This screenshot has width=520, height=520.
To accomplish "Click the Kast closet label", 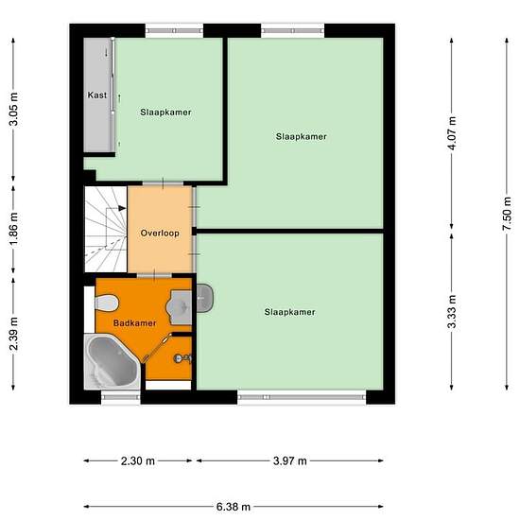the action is tap(97, 95).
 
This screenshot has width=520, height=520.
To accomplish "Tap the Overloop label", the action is tap(160, 234).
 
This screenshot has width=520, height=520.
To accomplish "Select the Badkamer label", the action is tap(134, 323).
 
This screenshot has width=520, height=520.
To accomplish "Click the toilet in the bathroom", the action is tap(107, 303).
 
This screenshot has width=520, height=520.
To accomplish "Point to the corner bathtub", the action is tap(113, 361).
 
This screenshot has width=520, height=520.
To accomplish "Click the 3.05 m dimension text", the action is tap(14, 109).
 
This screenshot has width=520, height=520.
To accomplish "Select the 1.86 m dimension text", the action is tap(14, 229).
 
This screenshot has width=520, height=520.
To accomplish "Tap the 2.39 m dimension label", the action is tap(14, 334).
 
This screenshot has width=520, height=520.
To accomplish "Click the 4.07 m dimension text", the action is tap(452, 133).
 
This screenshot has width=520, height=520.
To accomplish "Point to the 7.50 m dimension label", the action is tap(507, 214).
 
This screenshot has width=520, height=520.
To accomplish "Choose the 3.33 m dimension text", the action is tap(452, 311).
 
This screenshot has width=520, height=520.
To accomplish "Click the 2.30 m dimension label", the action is tap(138, 461).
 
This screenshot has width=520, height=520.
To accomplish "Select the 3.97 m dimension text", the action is tap(290, 461).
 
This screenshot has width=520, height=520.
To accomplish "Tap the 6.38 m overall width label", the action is tap(234, 507).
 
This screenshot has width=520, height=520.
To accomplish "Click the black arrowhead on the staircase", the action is tap(122, 208).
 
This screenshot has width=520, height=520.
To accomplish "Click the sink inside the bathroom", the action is tap(179, 307).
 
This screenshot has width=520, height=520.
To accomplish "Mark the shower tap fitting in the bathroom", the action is tap(183, 358).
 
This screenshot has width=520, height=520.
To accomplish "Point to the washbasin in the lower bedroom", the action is tap(204, 298).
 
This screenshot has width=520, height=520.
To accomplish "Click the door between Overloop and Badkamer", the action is tap(154, 275).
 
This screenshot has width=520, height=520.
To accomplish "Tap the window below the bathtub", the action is tap(121, 397).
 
